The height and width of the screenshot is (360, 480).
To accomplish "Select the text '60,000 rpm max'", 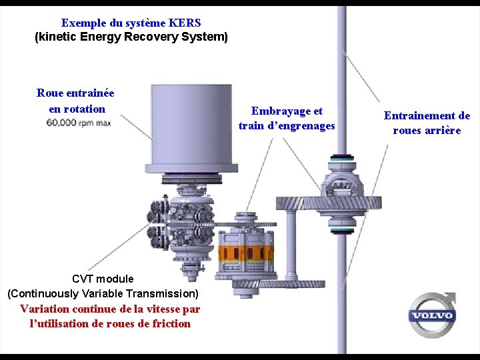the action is coord(79,123).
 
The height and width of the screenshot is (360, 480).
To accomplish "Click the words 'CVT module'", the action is coord(103,279).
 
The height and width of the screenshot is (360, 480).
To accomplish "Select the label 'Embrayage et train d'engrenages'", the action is coord(287,118).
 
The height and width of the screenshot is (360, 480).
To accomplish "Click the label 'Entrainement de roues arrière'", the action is coord(427,123).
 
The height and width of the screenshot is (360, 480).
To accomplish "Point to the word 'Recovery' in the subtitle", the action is coord(160,37).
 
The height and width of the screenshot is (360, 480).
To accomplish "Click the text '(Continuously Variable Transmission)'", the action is coord(103,293).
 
